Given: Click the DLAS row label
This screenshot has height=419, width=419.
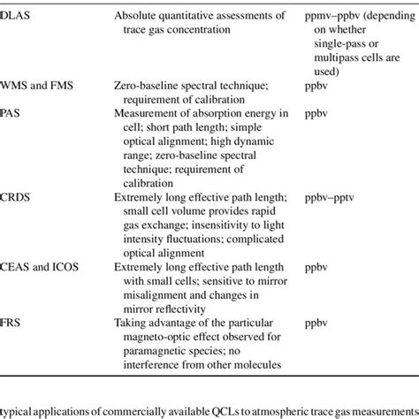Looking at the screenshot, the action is click(x=15, y=10).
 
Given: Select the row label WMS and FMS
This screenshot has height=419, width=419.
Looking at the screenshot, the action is click(x=34, y=88).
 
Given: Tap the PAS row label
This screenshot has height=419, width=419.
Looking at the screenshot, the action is click(x=11, y=114).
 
